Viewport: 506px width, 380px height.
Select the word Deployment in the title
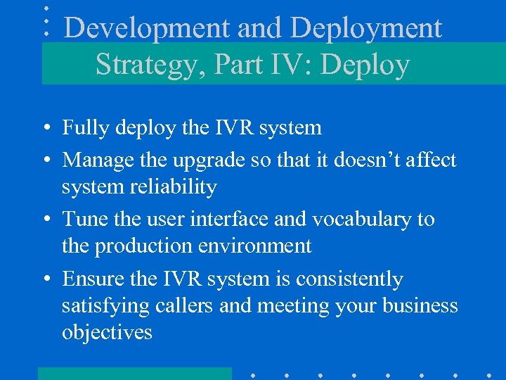pyautogui.click(x=366, y=29)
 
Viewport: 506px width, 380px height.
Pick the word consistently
pyautogui.click(x=349, y=279)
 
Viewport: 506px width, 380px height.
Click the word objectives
pyautogui.click(x=107, y=332)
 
